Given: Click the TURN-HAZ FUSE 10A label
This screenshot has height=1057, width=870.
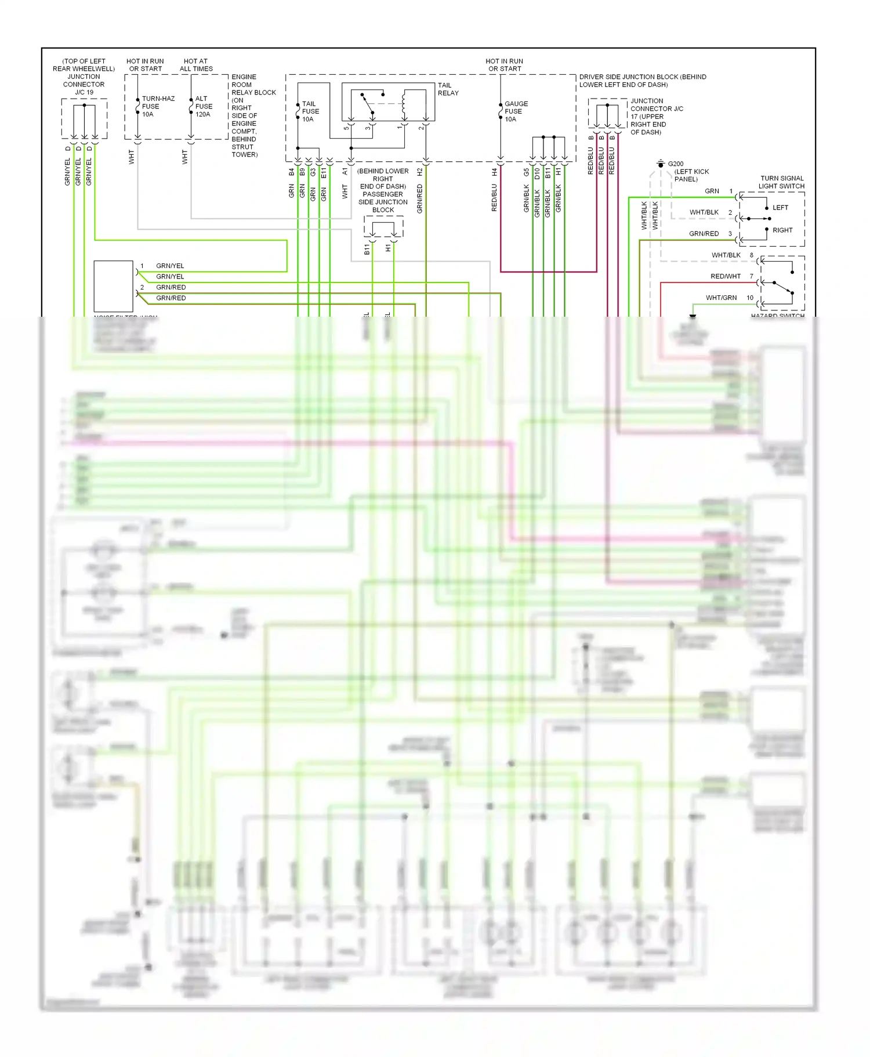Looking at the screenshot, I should tap(157, 107).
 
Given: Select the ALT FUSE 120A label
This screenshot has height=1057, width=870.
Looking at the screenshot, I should tap(204, 107).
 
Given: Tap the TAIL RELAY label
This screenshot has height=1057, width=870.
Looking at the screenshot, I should tap(448, 89).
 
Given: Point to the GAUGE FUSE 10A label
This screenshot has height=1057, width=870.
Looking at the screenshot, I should tap(516, 111).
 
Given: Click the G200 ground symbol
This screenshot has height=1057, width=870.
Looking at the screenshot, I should tap(660, 164).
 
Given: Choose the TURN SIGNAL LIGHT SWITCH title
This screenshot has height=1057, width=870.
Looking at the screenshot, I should tap(782, 182).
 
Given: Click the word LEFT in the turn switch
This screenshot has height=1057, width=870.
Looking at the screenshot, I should tap(780, 208).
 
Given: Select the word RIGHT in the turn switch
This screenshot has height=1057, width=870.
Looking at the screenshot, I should tap(782, 230).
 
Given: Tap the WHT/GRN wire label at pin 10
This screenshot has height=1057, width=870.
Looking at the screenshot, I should tap(721, 298).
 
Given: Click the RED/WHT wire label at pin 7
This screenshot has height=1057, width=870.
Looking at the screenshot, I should tap(725, 276).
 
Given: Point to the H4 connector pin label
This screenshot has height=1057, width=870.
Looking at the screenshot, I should tap(494, 172).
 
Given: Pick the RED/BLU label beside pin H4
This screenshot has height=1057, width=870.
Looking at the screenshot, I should tap(494, 197).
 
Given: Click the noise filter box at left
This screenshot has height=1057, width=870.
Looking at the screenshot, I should tap(114, 286).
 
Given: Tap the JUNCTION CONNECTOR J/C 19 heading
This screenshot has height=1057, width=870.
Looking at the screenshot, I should tap(84, 77).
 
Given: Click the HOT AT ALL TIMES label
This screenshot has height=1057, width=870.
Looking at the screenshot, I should tap(196, 65).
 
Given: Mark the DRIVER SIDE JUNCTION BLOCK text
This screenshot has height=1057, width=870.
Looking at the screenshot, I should tap(642, 81).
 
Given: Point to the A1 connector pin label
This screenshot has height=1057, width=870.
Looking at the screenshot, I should tap(345, 172).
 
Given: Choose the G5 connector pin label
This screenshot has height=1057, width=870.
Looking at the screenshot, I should tap(526, 172).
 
